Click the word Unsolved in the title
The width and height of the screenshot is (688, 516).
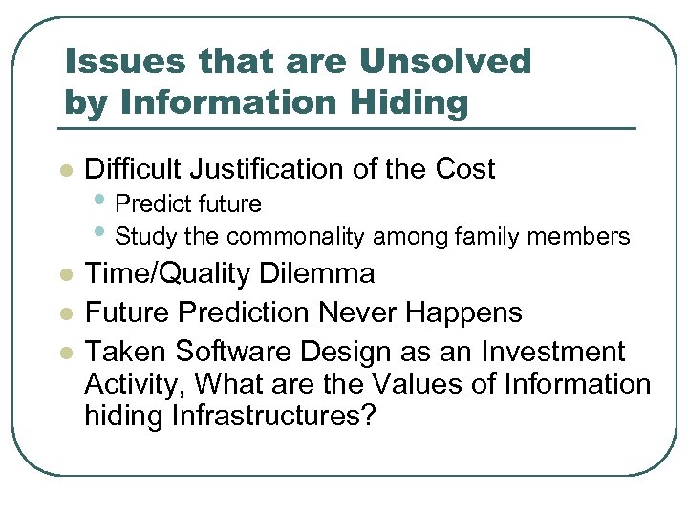[x=444, y=61]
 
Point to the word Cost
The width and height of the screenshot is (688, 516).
[x=464, y=170]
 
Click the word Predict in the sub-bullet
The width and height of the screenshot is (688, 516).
[x=156, y=204]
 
